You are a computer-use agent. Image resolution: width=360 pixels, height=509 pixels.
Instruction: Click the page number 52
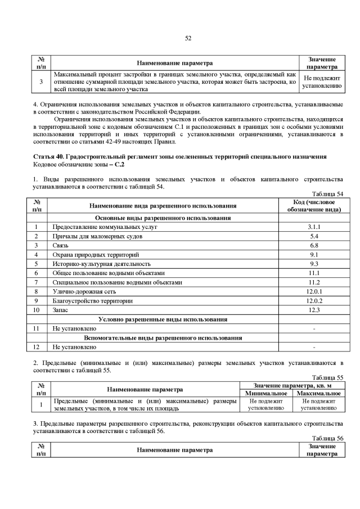tap(188, 38)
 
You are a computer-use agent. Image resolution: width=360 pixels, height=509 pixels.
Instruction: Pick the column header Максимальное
tap(319, 393)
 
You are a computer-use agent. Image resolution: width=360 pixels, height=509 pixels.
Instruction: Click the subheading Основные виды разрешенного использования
tap(163, 218)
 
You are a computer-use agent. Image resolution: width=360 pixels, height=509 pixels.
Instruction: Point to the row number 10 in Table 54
tap(37, 310)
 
